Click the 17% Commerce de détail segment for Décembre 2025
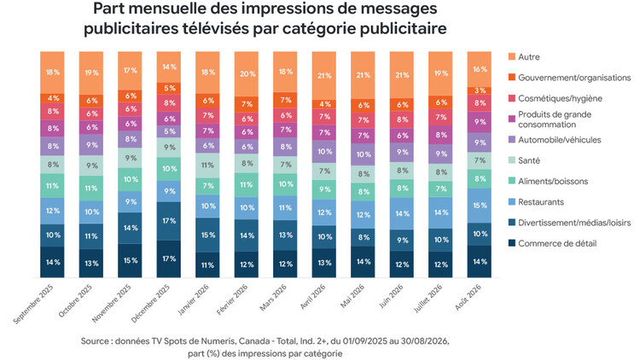pyautogui.click(x=169, y=258)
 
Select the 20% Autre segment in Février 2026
pyautogui.click(x=247, y=74)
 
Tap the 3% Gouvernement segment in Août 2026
pyautogui.click(x=480, y=90)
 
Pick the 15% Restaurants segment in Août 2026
pyautogui.click(x=480, y=206)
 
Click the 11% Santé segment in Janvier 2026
pyautogui.click(x=207, y=165)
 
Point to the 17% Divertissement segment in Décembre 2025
pyautogui.click(x=169, y=221)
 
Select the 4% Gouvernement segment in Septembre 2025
pyautogui.click(x=52, y=98)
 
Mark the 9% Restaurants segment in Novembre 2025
pyautogui.click(x=131, y=201)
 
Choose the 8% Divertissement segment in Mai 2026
pyautogui.click(x=363, y=237)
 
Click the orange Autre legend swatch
pyautogui.click(x=512, y=57)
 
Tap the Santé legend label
pyautogui.click(x=529, y=160)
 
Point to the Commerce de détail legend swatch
pyautogui.click(x=512, y=243)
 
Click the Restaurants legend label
pyautogui.click(x=541, y=201)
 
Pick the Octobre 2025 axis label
pyautogui.click(x=75, y=300)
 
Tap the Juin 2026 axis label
pyautogui.click(x=391, y=296)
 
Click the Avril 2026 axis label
pyautogui.click(x=312, y=297)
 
